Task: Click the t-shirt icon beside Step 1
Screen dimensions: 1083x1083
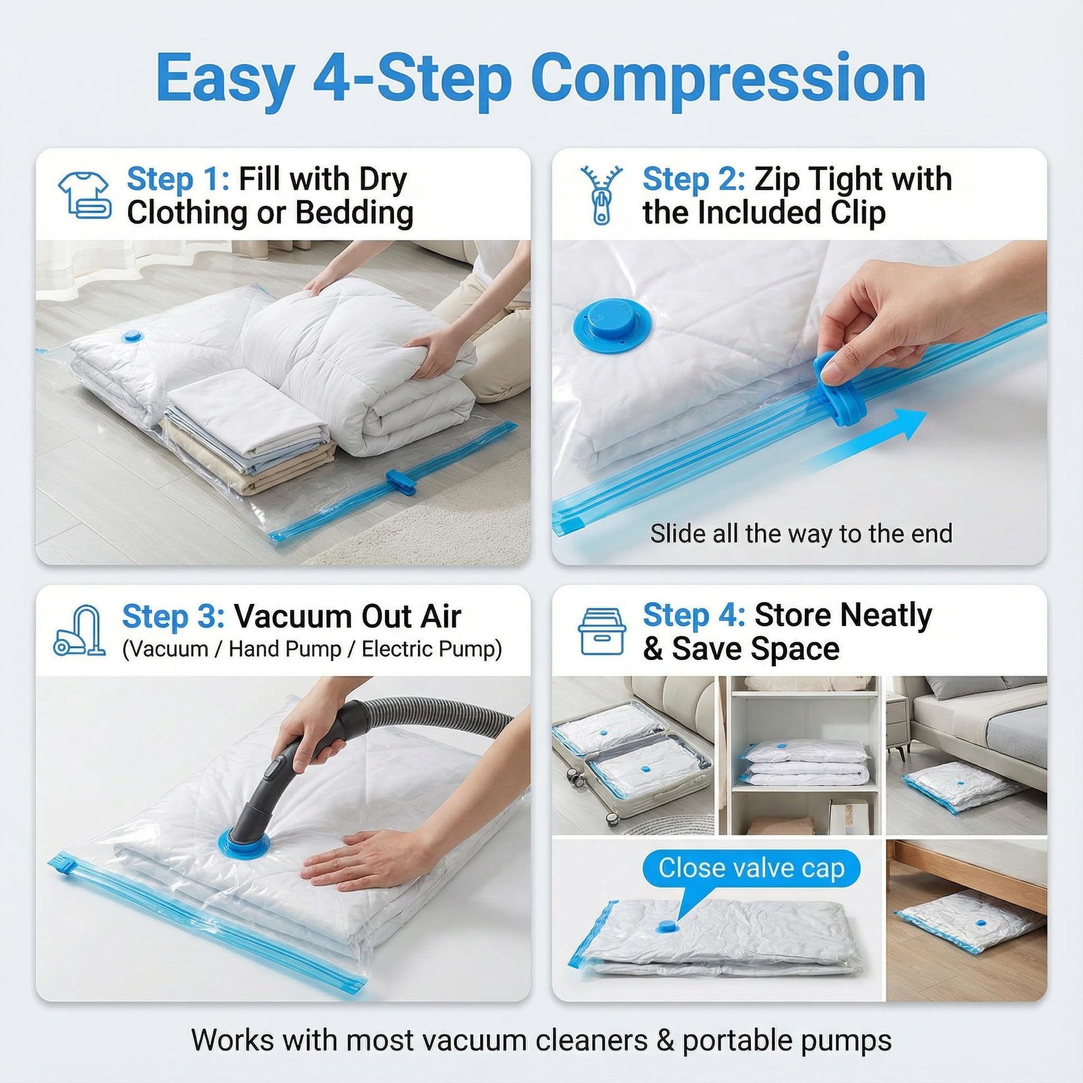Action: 84,195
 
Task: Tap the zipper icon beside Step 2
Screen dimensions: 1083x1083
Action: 602,195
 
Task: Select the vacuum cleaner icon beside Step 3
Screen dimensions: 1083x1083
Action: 80,631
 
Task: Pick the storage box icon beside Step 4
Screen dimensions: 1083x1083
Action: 602,631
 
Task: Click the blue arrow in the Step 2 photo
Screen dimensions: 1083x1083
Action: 866,441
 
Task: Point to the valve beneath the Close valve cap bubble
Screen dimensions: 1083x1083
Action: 667,927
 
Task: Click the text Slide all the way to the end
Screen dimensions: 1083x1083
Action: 801,534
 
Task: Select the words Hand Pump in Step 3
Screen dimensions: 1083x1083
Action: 285,649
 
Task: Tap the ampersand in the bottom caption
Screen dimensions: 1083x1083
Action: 666,1024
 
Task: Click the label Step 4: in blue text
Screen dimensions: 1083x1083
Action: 694,616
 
